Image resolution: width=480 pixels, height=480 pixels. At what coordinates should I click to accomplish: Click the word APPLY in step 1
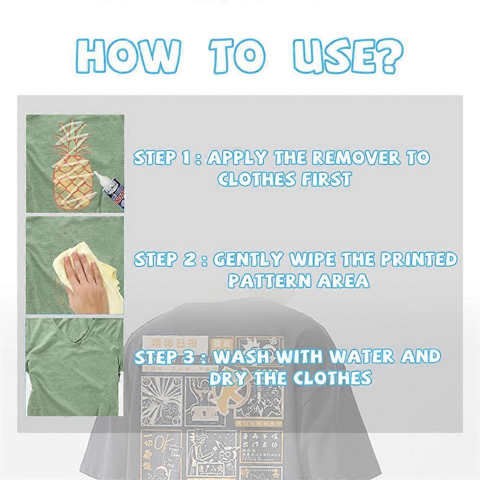pyautogui.click(x=238, y=158)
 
